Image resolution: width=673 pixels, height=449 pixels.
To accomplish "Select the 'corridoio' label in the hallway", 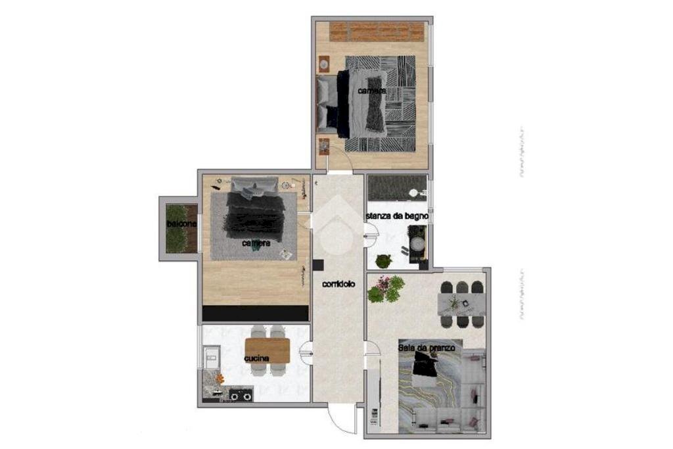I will tap(338, 285).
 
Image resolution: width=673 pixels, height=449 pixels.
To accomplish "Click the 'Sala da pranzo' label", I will tap(426, 346).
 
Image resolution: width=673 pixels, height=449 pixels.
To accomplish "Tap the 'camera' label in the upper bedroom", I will tap(371, 91).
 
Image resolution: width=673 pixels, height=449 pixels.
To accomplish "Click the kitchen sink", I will tap(211, 359).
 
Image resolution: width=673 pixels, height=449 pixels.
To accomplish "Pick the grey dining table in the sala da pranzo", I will tap(463, 304).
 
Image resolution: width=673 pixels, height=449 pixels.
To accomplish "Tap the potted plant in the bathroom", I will tap(383, 261).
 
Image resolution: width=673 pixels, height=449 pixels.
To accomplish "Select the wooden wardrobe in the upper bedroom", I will tap(376, 32).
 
